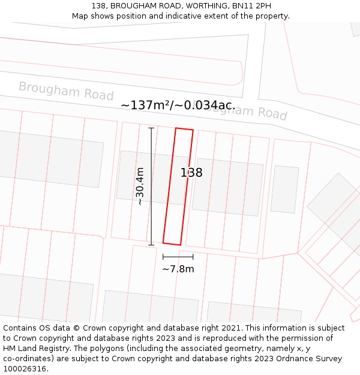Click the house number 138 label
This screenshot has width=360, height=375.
coord(191,173)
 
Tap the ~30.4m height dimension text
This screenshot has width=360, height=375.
coord(140,186)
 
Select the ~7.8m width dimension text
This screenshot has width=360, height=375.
coord(178,269)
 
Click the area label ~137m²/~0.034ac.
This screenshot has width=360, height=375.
coord(178,105)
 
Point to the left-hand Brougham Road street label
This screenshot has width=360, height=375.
coord(66,91)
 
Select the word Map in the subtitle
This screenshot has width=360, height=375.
coord(81,16)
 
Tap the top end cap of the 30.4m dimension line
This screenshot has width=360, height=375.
coord(151,128)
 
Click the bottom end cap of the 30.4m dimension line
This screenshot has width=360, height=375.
coord(151,244)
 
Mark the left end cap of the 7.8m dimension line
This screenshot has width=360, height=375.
coord(163,257)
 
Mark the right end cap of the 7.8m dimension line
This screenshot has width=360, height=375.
coord(193,257)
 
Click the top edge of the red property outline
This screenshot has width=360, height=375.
coord(184,129)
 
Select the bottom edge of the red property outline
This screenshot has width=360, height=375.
coord(172,244)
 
